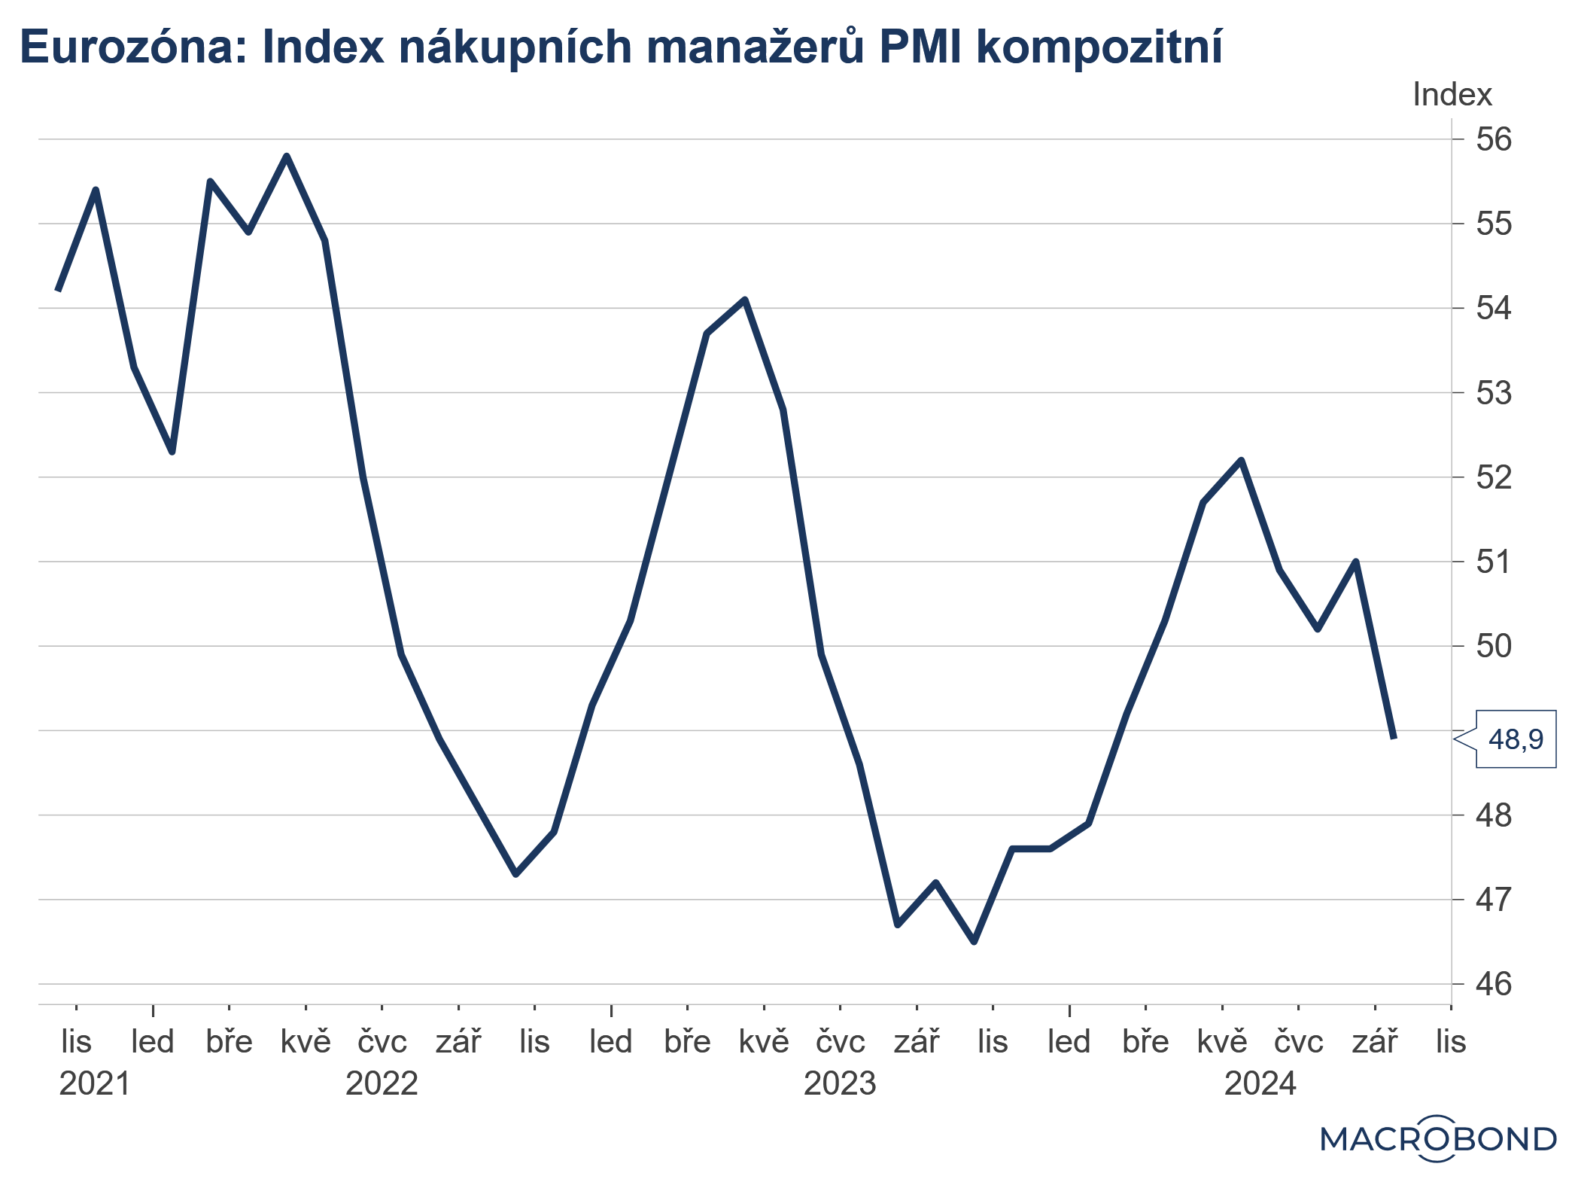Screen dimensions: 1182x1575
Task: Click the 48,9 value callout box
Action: [x=1515, y=739]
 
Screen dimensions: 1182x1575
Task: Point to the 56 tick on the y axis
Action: [x=1493, y=139]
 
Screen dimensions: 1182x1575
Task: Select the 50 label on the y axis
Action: [x=1493, y=646]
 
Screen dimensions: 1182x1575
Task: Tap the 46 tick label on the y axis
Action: [x=1493, y=984]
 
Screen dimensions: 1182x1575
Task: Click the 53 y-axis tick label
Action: [x=1493, y=393]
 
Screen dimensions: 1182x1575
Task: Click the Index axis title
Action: [x=1452, y=95]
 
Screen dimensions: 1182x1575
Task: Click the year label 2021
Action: [x=95, y=1084]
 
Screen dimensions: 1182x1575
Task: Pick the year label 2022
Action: [x=382, y=1084]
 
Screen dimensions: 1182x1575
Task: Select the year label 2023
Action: [x=840, y=1084]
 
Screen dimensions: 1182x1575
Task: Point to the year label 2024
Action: [x=1260, y=1084]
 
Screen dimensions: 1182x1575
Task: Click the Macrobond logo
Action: [x=1438, y=1139]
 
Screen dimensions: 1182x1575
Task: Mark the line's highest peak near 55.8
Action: [x=287, y=156]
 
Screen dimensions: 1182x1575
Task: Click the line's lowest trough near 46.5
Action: [x=974, y=942]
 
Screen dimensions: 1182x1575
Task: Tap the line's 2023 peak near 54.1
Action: [x=745, y=300]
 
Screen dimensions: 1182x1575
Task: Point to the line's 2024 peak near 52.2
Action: [x=1241, y=460]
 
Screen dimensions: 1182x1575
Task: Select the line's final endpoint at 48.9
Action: [x=1394, y=738]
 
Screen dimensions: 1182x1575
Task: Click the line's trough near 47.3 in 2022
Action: [x=515, y=874]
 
